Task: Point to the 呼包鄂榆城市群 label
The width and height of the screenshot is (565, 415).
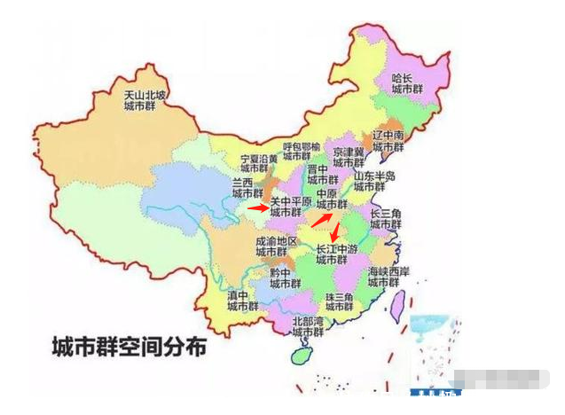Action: [302, 152]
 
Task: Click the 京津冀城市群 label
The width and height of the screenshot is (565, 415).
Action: [349, 158]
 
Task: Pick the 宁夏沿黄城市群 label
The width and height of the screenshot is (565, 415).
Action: [253, 163]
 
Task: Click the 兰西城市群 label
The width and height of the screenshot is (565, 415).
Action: [247, 187]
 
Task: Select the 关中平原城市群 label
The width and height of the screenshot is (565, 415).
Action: [291, 207]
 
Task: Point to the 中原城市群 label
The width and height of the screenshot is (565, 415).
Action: [332, 200]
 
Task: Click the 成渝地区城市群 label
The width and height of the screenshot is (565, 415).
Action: [273, 246]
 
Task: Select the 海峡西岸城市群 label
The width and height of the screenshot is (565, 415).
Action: [388, 276]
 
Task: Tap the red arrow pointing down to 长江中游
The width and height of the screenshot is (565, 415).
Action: [334, 232]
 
